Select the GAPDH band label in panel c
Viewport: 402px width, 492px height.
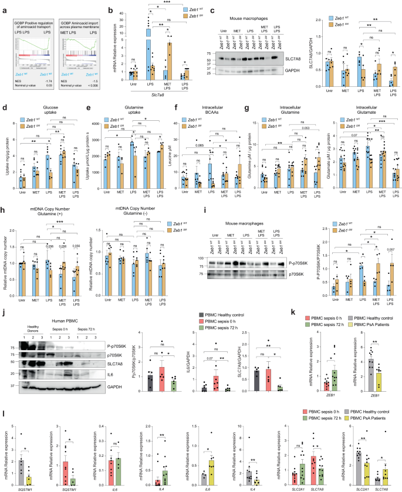click(288, 69)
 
